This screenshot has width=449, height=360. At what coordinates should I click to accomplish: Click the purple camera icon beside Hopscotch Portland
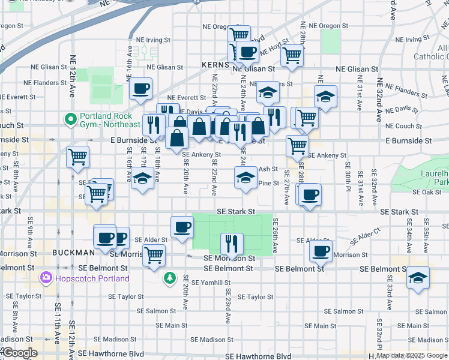click(x=45, y=278)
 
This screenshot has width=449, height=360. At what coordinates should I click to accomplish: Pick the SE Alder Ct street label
click(x=365, y=234)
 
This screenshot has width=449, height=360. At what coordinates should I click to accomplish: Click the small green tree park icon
click(x=170, y=278)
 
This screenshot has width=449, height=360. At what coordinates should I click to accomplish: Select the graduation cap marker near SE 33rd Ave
click(x=418, y=278)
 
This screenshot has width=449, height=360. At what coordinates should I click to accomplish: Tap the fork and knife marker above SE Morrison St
click(x=232, y=244)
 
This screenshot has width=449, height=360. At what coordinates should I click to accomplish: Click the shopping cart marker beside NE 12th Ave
click(x=77, y=157)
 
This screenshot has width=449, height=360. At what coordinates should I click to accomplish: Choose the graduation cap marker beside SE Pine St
click(x=246, y=178)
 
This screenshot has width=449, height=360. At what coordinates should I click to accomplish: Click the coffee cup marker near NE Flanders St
click(x=140, y=89)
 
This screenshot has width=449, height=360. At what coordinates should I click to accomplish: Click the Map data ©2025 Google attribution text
click(x=412, y=355)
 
